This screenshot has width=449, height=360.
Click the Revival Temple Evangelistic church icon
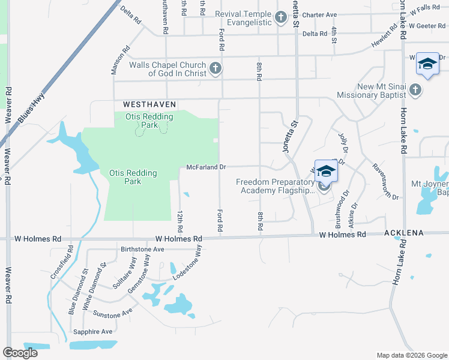click(281, 18)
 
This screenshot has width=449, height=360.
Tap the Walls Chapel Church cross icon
click(215, 68)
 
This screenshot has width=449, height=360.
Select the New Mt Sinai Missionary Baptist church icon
click(415, 90)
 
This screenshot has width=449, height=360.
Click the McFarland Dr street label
click(205, 167)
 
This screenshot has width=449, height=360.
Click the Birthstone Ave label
click(142, 249)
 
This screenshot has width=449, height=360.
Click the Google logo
click(20, 353)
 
